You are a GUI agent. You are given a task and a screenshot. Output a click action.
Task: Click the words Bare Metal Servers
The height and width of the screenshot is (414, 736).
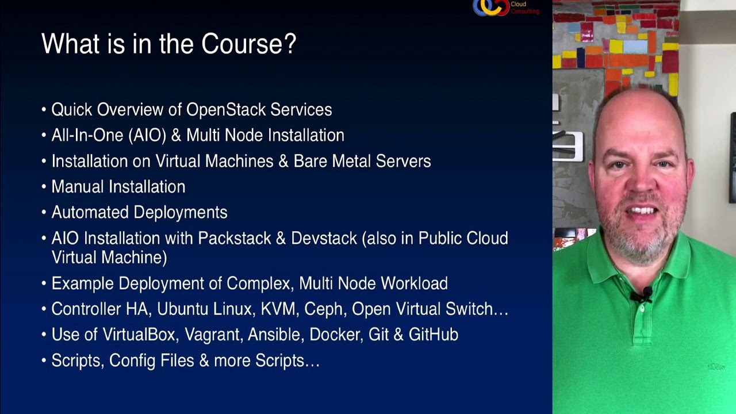(x=362, y=161)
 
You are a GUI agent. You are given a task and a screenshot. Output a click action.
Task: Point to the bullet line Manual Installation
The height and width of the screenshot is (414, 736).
(x=118, y=187)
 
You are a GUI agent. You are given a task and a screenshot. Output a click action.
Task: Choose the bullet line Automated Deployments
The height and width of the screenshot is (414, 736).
(x=139, y=213)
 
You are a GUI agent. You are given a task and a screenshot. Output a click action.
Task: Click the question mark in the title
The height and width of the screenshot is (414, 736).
(x=290, y=44)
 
